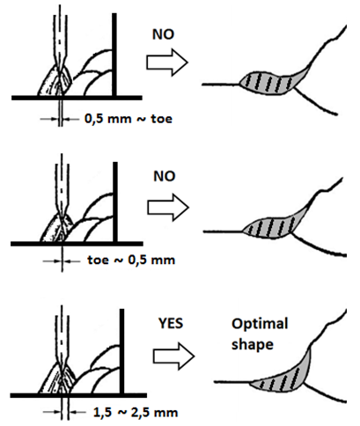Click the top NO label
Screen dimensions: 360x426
[x=163, y=34]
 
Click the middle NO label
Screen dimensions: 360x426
[x=165, y=176]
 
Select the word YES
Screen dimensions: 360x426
[x=171, y=323]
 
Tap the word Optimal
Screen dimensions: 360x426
[x=260, y=324]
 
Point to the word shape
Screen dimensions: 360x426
[x=253, y=344]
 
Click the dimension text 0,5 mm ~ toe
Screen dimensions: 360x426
[x=129, y=119]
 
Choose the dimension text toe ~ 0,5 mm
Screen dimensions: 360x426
[x=131, y=260]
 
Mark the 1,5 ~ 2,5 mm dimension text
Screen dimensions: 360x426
[x=136, y=413]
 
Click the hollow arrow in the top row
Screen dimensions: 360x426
[x=167, y=62]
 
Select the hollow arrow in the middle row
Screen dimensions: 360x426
[x=168, y=208]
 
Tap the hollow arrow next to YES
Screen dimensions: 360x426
[x=174, y=356]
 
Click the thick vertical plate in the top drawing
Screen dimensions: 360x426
[x=114, y=55]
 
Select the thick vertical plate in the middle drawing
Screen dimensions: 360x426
[x=115, y=202]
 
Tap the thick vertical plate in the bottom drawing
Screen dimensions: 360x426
[x=121, y=351]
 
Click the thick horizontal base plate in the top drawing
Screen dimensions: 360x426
[x=77, y=98]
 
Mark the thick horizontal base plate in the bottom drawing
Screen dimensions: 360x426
[x=78, y=395]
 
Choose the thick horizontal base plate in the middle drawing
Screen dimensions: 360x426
[x=77, y=244]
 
